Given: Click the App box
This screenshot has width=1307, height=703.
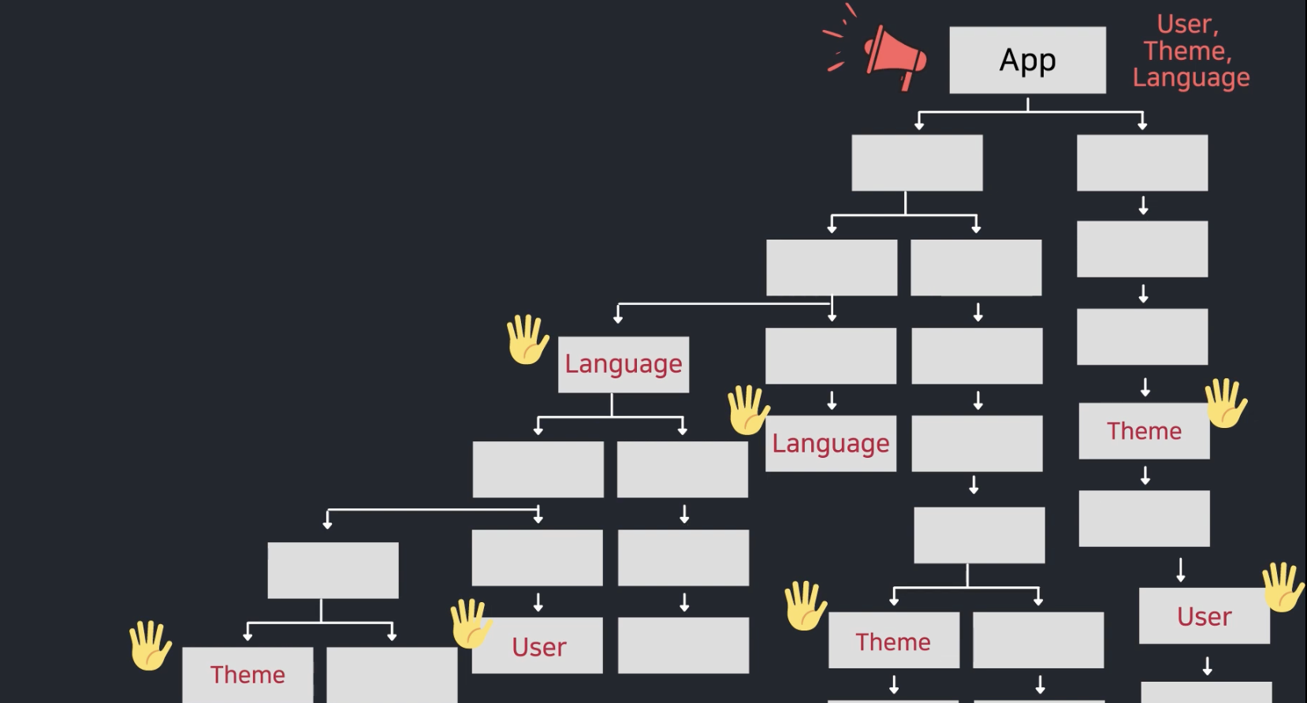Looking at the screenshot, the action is (1027, 60).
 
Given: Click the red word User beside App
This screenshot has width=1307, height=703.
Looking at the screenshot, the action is (1186, 24).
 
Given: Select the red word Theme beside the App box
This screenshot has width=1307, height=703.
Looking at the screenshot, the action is (1187, 51).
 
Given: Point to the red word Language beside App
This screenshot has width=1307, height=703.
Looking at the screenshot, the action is (1190, 77).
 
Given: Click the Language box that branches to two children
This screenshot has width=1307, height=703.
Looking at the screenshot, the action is (623, 364).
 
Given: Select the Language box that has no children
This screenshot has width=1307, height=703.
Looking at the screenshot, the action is (830, 444).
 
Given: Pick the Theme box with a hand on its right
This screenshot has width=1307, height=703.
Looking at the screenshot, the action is (1144, 431).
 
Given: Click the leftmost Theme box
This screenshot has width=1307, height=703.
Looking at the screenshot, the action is (248, 675).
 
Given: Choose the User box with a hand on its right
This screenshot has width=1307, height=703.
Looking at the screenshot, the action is (1204, 616).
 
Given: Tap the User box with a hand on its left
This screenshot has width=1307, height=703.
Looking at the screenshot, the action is (538, 646).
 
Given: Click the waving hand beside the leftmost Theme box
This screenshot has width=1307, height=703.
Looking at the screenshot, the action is (150, 645).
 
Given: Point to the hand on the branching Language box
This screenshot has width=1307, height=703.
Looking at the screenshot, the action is (527, 340).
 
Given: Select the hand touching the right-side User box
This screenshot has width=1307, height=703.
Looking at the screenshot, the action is (1283, 586).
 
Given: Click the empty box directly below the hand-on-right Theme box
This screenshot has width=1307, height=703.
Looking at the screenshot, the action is (1144, 519).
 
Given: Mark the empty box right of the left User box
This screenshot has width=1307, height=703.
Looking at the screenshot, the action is (683, 645).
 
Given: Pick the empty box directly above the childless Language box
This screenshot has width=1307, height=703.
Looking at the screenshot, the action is (830, 356).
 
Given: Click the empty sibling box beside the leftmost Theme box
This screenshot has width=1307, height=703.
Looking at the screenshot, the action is (392, 675).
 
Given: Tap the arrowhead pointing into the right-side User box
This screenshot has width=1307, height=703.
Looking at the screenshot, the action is (1181, 577).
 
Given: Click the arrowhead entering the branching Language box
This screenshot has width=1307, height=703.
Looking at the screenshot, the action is (618, 318).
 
